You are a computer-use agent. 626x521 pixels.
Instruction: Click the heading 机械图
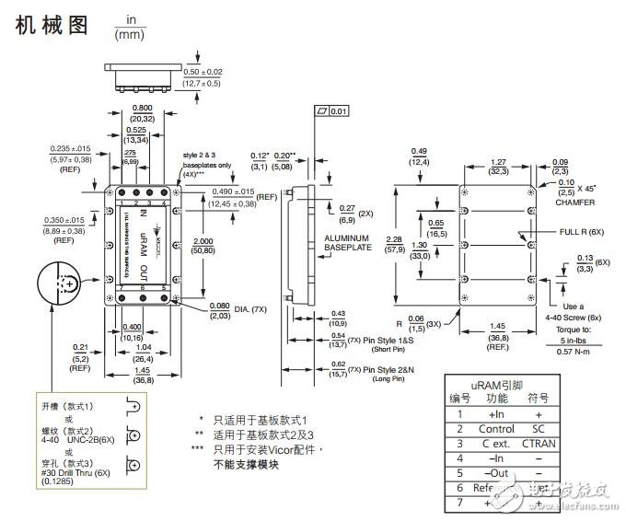[52, 26]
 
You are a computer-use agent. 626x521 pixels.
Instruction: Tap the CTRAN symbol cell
[539, 444]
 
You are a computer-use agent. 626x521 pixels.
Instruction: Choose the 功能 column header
[498, 399]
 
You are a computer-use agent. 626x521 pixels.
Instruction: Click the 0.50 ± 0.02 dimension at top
[202, 71]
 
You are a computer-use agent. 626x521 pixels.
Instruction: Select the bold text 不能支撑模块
[245, 464]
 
